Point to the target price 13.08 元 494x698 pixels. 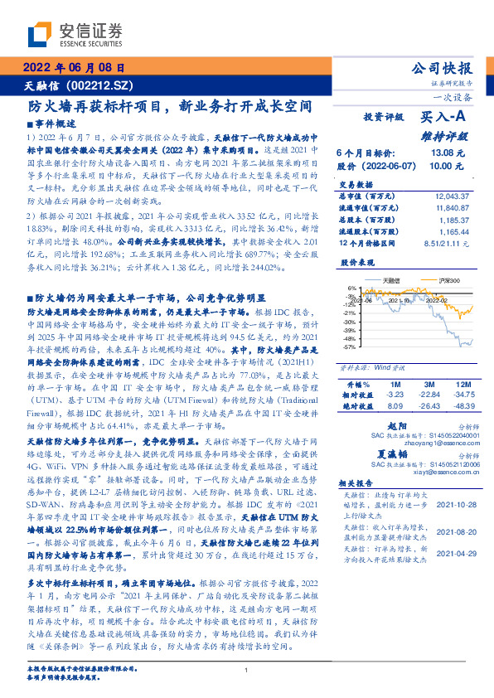446,153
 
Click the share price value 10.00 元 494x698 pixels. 446,166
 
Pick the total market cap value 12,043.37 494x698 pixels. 451,196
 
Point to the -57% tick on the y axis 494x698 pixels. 352,347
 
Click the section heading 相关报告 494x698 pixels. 357,483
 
